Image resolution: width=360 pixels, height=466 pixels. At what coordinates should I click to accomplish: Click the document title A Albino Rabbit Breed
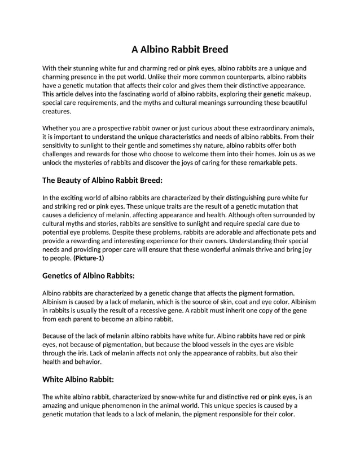179,49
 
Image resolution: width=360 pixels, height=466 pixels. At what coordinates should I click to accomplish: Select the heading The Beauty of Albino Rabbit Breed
102,181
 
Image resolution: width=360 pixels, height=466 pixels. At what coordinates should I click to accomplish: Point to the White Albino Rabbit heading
78,379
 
